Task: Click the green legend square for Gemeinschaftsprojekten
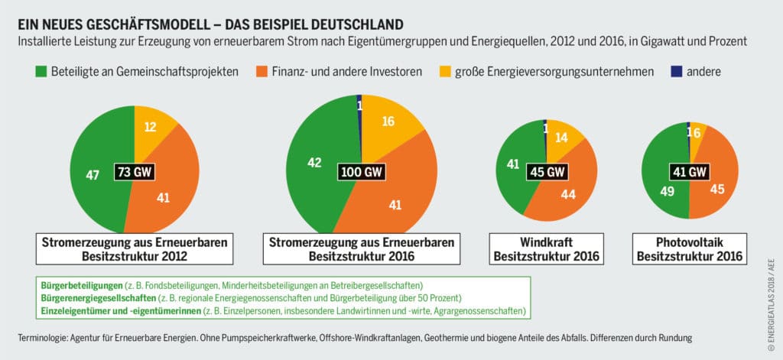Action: tap(42, 72)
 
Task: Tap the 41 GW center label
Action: tap(688, 171)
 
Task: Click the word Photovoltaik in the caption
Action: tap(688, 242)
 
